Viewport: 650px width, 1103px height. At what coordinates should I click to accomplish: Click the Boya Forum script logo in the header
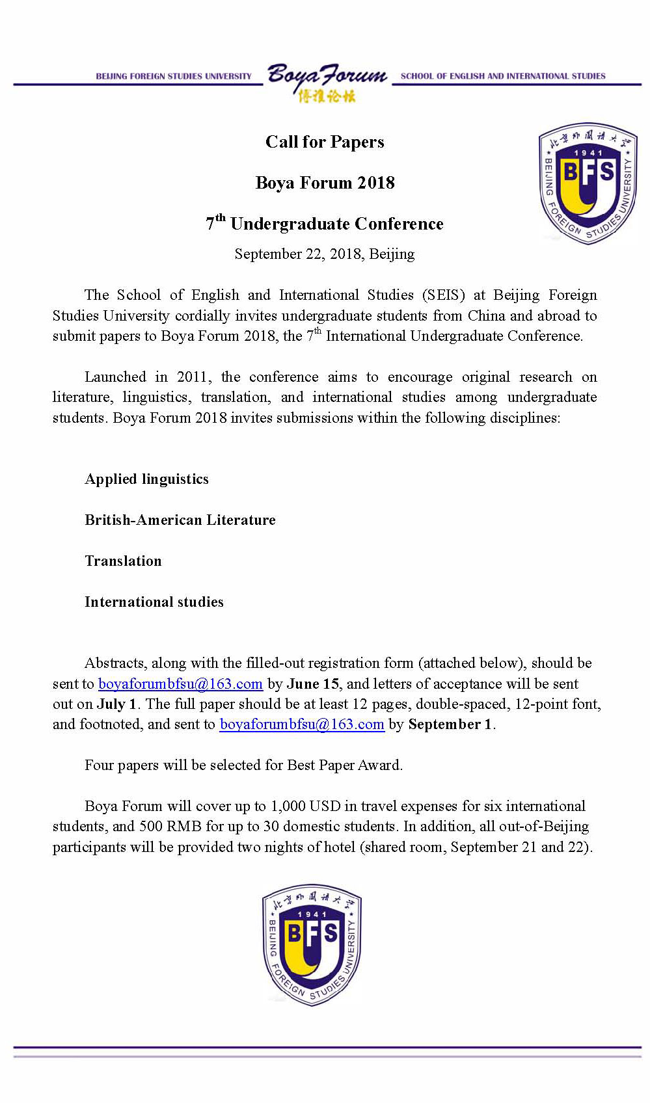[327, 82]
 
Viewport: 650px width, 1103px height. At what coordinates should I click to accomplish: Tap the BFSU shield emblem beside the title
[588, 183]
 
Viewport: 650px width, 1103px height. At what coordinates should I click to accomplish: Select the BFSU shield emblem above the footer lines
[312, 945]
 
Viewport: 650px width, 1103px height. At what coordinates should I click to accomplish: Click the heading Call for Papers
[325, 142]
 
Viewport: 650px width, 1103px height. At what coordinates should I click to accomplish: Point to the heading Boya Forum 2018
[325, 183]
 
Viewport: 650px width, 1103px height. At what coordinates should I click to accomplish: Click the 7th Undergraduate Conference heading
[325, 223]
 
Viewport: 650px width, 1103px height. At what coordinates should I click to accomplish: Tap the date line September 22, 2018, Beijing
[324, 254]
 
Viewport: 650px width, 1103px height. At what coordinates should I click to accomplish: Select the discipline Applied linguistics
[146, 479]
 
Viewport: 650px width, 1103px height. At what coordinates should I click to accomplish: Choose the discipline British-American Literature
[180, 520]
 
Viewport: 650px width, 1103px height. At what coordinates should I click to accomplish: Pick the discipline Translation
[123, 561]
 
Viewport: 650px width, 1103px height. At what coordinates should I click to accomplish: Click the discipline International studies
[154, 602]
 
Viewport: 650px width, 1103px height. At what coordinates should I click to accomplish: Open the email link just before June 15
[180, 684]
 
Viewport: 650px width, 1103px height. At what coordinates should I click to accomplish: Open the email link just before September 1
[302, 724]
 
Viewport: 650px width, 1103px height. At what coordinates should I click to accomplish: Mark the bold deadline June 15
[313, 684]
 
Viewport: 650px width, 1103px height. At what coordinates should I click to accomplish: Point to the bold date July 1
[116, 704]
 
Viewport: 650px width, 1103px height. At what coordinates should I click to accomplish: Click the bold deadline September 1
[450, 724]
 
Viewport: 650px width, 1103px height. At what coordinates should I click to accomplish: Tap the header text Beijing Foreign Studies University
[173, 76]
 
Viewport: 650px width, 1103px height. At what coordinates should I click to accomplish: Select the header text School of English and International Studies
[503, 76]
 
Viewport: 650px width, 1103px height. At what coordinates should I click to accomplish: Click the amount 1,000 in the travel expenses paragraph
[288, 806]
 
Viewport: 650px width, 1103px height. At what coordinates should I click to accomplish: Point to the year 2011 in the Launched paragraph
[193, 377]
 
